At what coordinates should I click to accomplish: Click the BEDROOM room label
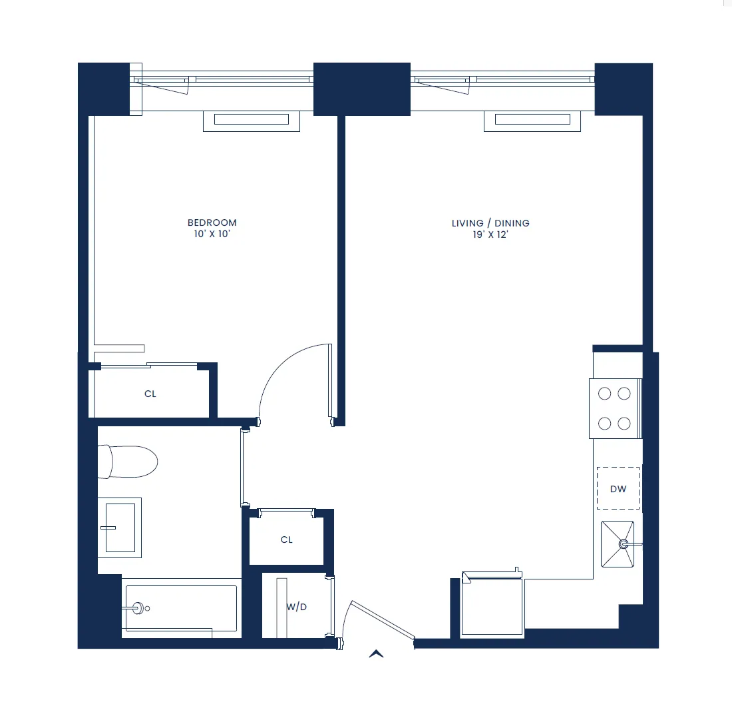tap(212, 222)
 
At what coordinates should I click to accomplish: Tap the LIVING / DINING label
tap(490, 223)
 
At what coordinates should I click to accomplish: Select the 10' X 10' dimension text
tap(212, 234)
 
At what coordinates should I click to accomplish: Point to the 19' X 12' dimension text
tap(490, 235)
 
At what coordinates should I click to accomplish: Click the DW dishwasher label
tap(618, 489)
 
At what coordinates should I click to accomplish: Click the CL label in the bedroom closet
tap(150, 394)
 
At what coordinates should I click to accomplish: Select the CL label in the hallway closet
tap(286, 539)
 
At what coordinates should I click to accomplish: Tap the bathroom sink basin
tap(120, 528)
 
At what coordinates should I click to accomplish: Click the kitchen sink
tap(618, 544)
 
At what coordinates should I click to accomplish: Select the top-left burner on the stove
tap(604, 394)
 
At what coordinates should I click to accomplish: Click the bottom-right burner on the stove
tap(624, 423)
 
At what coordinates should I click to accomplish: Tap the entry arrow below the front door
tap(376, 654)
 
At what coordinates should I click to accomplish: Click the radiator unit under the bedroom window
tap(251, 120)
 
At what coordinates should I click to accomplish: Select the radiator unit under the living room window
tap(532, 120)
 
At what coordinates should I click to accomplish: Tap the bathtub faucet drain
tap(138, 608)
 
